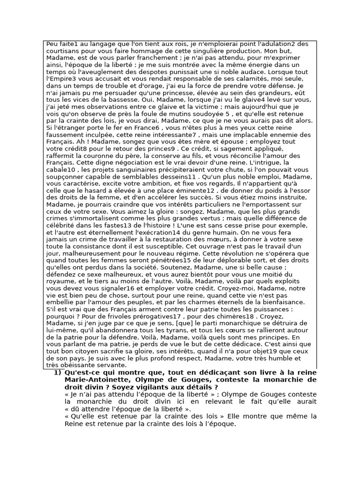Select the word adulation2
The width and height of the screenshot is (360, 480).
277,44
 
